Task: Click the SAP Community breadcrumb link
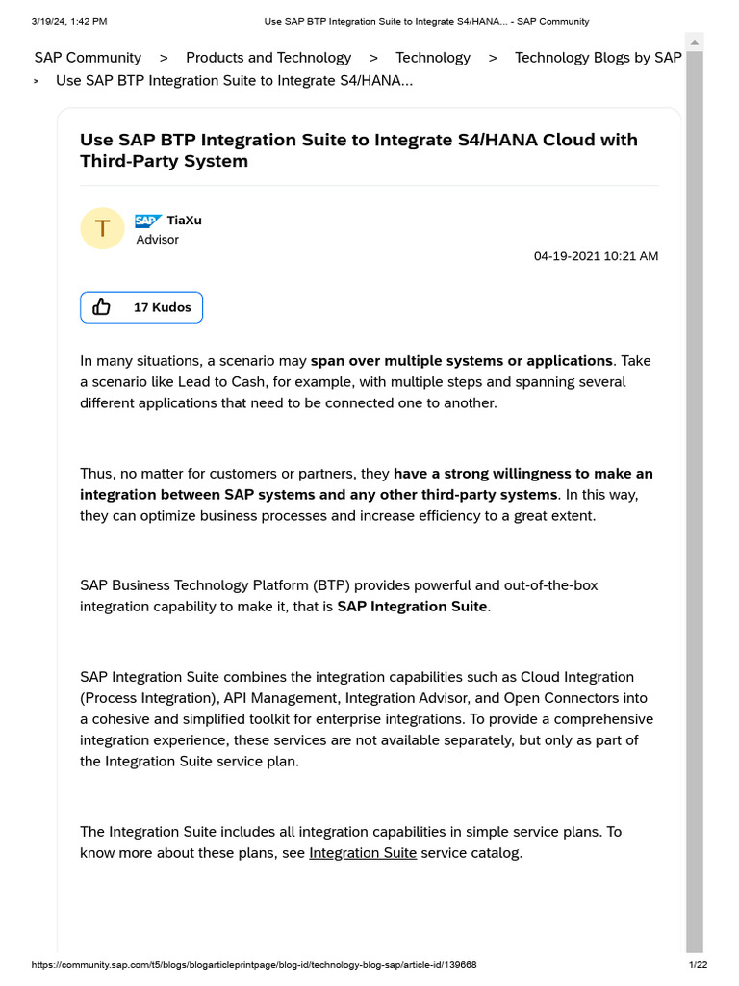[88, 58]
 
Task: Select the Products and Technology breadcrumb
[268, 58]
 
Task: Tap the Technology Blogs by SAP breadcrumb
[598, 58]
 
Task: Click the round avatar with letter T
[102, 228]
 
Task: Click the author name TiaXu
[184, 221]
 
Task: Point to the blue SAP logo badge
[148, 221]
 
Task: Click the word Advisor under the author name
[157, 240]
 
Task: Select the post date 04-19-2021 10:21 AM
[596, 256]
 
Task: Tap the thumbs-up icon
[102, 307]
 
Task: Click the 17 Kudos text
[162, 307]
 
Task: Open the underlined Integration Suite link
[363, 853]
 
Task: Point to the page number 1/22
[698, 965]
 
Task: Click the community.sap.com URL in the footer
[254, 965]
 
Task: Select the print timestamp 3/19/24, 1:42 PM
[69, 21]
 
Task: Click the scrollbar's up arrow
[694, 42]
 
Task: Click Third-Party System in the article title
[164, 161]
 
